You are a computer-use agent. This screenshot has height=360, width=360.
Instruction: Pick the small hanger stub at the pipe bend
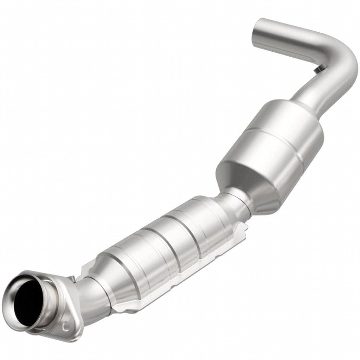[318, 70]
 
